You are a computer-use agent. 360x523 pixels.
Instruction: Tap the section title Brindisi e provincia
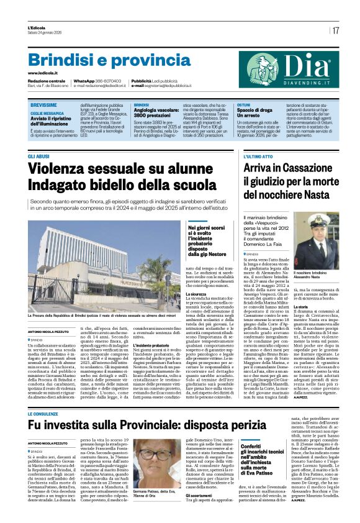pyautogui.click(x=101, y=60)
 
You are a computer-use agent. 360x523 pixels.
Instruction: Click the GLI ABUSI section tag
pyautogui.click(x=38, y=157)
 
